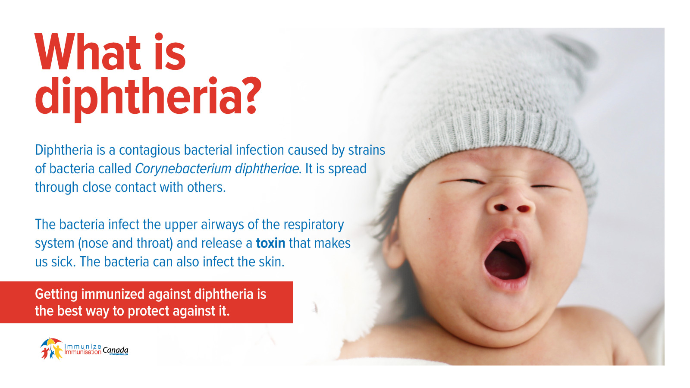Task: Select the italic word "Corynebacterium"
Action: tap(183, 169)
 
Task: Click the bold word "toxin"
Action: tap(270, 243)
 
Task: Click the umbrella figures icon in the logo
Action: tap(51, 349)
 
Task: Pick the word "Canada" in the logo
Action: tap(115, 350)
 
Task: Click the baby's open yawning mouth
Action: tap(506, 260)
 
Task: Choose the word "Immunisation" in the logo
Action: tap(83, 352)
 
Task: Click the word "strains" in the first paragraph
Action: tap(367, 150)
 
